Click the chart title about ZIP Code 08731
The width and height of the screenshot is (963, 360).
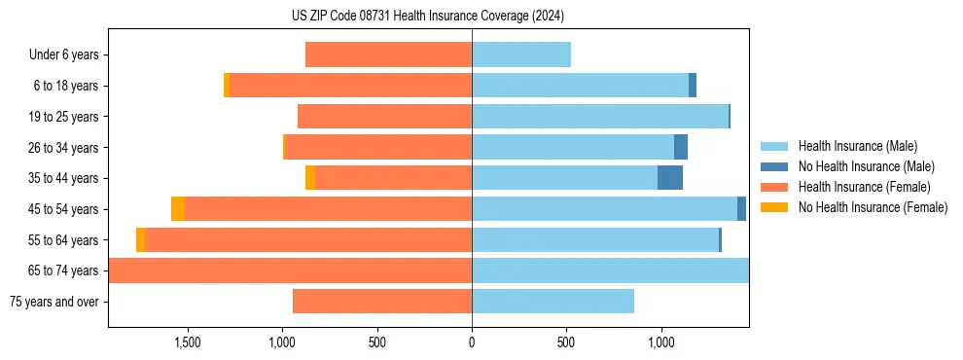click(x=427, y=16)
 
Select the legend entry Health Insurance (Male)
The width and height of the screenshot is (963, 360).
click(x=855, y=146)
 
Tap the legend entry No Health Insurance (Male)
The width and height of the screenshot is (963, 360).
click(x=862, y=166)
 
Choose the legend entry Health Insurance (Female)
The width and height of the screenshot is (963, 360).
click(x=860, y=187)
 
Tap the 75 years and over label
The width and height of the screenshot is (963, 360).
click(x=53, y=302)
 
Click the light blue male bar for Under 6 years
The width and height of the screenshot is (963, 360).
click(x=521, y=55)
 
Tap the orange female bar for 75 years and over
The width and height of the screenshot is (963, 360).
click(x=382, y=302)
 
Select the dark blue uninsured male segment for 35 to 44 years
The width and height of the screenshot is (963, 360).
click(x=670, y=178)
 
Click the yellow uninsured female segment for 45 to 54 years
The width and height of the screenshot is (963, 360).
click(x=178, y=209)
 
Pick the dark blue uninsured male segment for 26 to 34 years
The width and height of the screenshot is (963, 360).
click(x=681, y=148)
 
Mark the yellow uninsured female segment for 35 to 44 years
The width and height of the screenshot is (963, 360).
click(x=310, y=178)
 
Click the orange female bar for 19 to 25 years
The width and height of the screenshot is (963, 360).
click(x=384, y=117)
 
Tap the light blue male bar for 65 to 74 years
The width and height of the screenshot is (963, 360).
click(x=610, y=270)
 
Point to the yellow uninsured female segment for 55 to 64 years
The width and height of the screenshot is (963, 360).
click(x=141, y=240)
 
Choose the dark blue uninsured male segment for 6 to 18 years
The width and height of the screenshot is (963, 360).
click(x=693, y=86)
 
